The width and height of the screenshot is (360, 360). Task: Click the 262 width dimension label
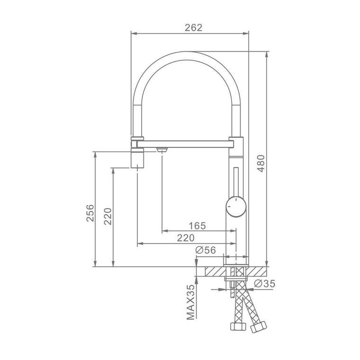tap(194, 28)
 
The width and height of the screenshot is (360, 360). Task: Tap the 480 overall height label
tap(261, 163)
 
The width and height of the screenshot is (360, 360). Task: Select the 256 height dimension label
tap(90, 213)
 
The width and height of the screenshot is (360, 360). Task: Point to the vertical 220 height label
tap(108, 216)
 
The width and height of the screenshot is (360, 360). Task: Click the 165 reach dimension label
tap(197, 226)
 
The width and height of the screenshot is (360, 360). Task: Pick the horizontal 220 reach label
tap(186, 238)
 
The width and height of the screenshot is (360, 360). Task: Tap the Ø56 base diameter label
tap(206, 250)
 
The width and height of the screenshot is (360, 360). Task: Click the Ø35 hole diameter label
tap(264, 284)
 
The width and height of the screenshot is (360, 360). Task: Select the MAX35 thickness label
tap(190, 302)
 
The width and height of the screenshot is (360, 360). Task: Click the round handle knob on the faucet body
tap(236, 207)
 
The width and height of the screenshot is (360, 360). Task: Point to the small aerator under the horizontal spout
tap(162, 150)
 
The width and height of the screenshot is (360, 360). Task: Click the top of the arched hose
tap(187, 56)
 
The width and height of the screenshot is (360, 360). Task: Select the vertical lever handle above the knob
tap(236, 182)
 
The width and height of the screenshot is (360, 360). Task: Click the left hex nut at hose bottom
tap(238, 326)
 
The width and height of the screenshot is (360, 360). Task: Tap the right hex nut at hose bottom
tap(259, 327)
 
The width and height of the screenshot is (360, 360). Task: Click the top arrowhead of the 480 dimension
tap(267, 54)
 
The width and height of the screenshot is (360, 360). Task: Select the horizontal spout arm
tap(185, 144)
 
